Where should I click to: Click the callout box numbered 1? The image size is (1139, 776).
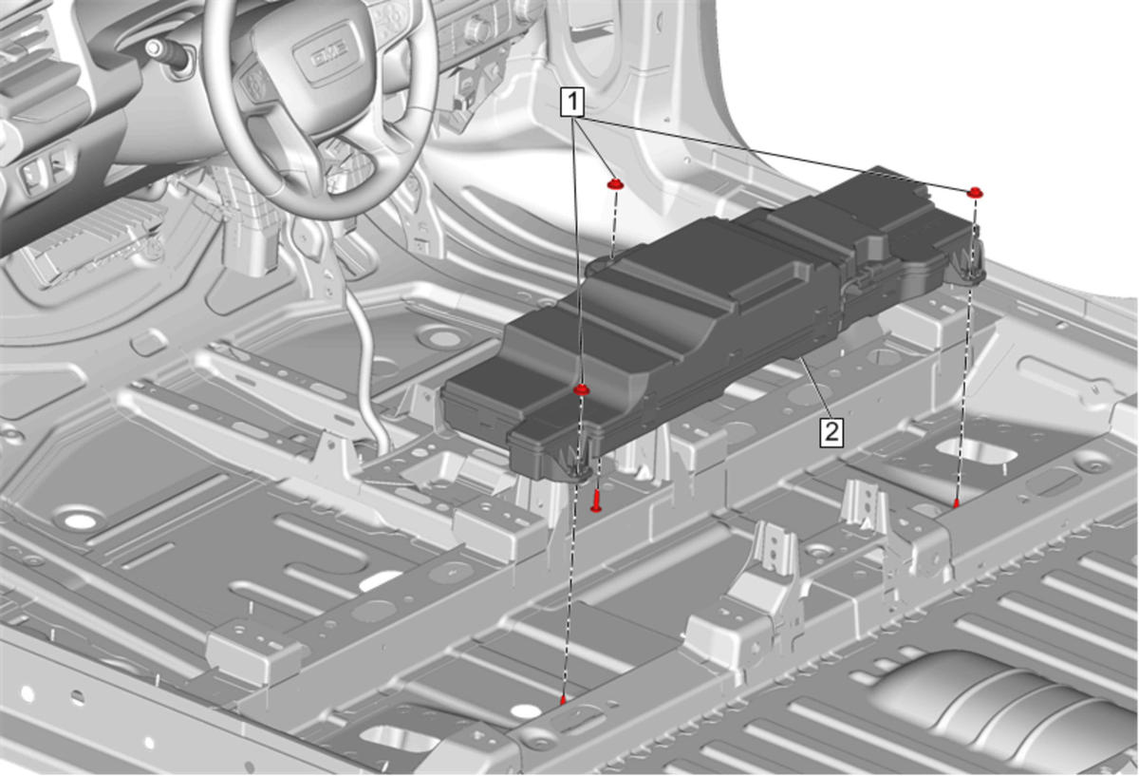pyautogui.click(x=572, y=103)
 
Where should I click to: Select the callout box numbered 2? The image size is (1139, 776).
pyautogui.click(x=831, y=432)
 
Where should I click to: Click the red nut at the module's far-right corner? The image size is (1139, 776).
pyautogui.click(x=975, y=193)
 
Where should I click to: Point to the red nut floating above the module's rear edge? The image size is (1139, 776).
pyautogui.click(x=616, y=183)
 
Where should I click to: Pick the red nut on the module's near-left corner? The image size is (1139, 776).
pyautogui.click(x=582, y=389)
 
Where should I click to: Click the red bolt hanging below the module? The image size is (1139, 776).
pyautogui.click(x=596, y=501)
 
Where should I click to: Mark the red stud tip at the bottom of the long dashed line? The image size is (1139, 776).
pyautogui.click(x=563, y=700)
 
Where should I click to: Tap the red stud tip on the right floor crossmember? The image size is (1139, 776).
pyautogui.click(x=956, y=503)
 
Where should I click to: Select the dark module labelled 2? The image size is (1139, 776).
pyautogui.click(x=712, y=315)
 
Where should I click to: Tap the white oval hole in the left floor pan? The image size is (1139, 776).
pyautogui.click(x=80, y=520)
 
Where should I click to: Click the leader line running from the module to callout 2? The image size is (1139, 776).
pyautogui.click(x=814, y=388)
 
